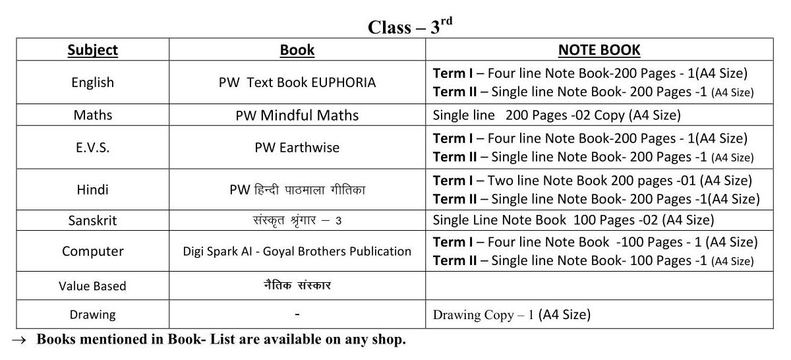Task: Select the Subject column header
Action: coord(93,50)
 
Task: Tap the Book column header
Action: coord(297,50)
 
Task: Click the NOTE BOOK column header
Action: coord(599,50)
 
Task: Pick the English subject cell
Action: coord(93,82)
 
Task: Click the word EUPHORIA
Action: coord(343,82)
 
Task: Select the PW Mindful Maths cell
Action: coord(297,115)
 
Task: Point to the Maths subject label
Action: coord(93,115)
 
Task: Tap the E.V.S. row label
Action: coord(93,148)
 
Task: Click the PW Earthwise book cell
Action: coord(297,148)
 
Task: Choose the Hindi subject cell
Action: coord(93,190)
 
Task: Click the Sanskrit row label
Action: coord(93,220)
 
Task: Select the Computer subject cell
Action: coord(93,251)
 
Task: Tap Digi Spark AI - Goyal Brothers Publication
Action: coord(297,251)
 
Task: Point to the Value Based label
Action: coord(93,286)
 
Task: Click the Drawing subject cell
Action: coord(93,315)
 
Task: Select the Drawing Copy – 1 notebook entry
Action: coord(512,315)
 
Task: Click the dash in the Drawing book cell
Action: coord(297,315)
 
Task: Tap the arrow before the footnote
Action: coord(19,340)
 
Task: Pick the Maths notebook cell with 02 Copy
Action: coord(556,115)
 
